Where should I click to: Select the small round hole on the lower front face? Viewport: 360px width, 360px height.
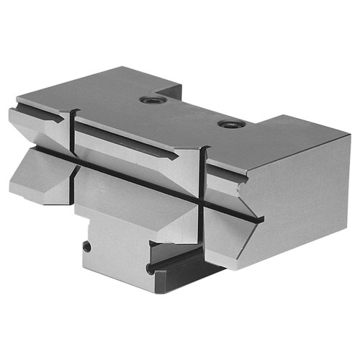point(87,246)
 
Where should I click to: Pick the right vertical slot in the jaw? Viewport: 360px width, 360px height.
point(203,194)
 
